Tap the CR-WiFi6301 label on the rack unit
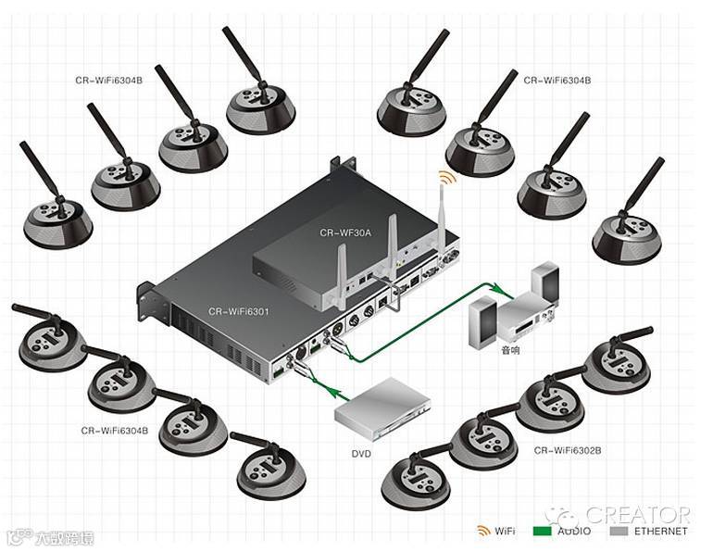click(x=238, y=312)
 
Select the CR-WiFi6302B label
click(x=568, y=450)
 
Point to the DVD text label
click(x=361, y=454)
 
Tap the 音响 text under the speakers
click(x=511, y=351)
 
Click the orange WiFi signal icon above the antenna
click(x=447, y=176)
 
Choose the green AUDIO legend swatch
click(x=543, y=531)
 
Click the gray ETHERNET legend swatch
click(x=619, y=531)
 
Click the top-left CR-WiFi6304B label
click(x=109, y=81)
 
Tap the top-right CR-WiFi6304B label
click(x=557, y=81)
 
